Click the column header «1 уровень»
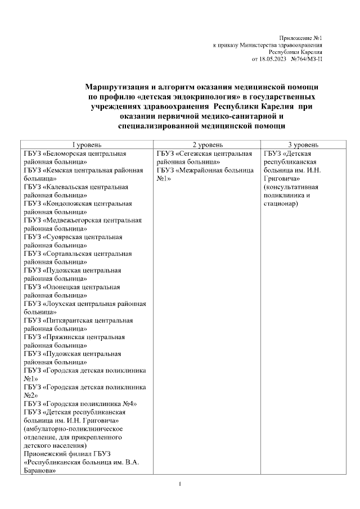click(85, 145)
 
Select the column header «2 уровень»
click(207, 145)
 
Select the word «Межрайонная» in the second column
click(200, 170)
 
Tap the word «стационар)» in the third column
click(281, 203)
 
